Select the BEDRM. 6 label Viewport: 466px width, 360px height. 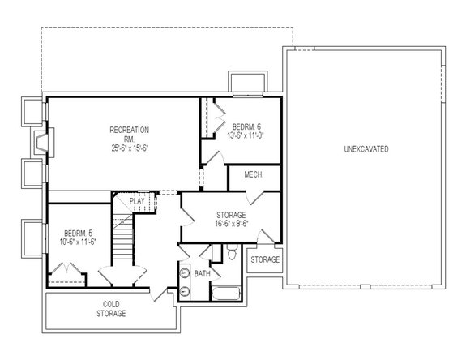(246, 127)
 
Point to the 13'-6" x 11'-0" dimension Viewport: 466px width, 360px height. (246, 136)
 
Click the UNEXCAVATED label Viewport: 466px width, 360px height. (366, 150)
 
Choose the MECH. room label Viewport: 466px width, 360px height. (244, 176)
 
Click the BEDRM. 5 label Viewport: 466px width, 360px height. (79, 233)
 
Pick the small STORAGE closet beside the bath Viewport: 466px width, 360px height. (265, 259)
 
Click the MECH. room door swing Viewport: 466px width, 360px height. (254, 194)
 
